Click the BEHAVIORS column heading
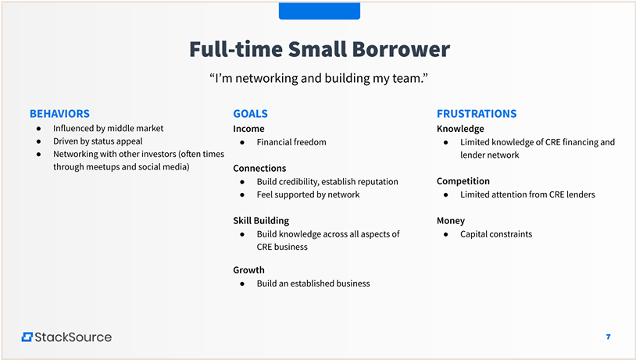pyautogui.click(x=59, y=113)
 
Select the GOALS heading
pyautogui.click(x=250, y=113)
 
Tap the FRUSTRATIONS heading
pyautogui.click(x=477, y=113)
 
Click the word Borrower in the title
pyautogui.click(x=401, y=49)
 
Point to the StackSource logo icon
pyautogui.click(x=27, y=337)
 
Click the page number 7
pyautogui.click(x=608, y=337)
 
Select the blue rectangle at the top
pyautogui.click(x=320, y=10)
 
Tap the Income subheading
pyautogui.click(x=248, y=129)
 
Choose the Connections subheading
pyautogui.click(x=259, y=168)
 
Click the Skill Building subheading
pyautogui.click(x=261, y=221)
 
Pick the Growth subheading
pyautogui.click(x=248, y=270)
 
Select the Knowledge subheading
pyautogui.click(x=460, y=129)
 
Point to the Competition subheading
pyautogui.click(x=463, y=181)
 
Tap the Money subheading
pyautogui.click(x=451, y=221)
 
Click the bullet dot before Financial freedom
pyautogui.click(x=242, y=142)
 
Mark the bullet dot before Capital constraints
pyautogui.click(x=446, y=234)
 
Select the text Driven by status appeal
pyautogui.click(x=98, y=141)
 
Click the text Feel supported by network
pyautogui.click(x=309, y=194)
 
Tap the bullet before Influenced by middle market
pyautogui.click(x=38, y=129)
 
